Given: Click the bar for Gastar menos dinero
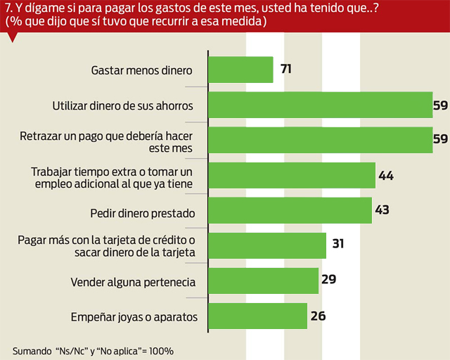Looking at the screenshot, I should [x=240, y=70].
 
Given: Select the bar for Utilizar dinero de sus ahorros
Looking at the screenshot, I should [x=320, y=105].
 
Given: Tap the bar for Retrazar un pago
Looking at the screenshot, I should [x=320, y=139].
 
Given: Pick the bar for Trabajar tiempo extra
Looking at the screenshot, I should [x=292, y=174].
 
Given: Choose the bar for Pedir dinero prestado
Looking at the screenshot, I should [x=290, y=210].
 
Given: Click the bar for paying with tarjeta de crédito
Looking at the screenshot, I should [x=267, y=245].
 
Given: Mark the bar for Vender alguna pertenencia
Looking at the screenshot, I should [x=264, y=281].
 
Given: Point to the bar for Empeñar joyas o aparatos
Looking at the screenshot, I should [x=258, y=316].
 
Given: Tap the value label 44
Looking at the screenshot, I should [x=386, y=175].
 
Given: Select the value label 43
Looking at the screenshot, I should [x=382, y=210].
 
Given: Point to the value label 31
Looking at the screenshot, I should [x=337, y=245].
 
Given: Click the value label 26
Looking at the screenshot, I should [x=318, y=316].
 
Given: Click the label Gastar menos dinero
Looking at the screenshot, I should [x=142, y=71].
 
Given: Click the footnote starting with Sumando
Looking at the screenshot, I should [x=93, y=350].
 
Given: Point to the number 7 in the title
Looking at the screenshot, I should [x=7, y=9].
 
